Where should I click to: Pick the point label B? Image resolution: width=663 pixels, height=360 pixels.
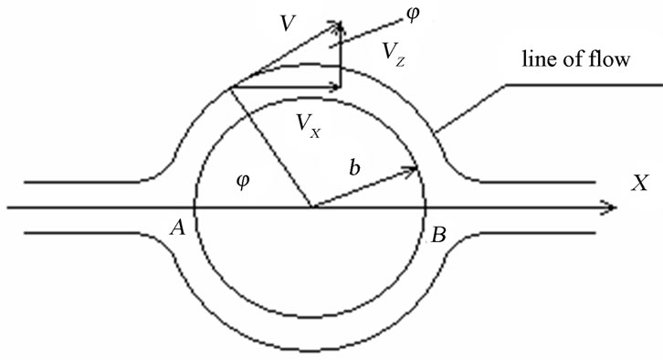coord(438,236)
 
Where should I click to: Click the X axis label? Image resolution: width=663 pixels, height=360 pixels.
coord(638,184)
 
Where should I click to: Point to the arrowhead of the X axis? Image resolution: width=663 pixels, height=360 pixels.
coord(611,208)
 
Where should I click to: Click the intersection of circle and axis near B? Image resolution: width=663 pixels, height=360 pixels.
coord(426,208)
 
